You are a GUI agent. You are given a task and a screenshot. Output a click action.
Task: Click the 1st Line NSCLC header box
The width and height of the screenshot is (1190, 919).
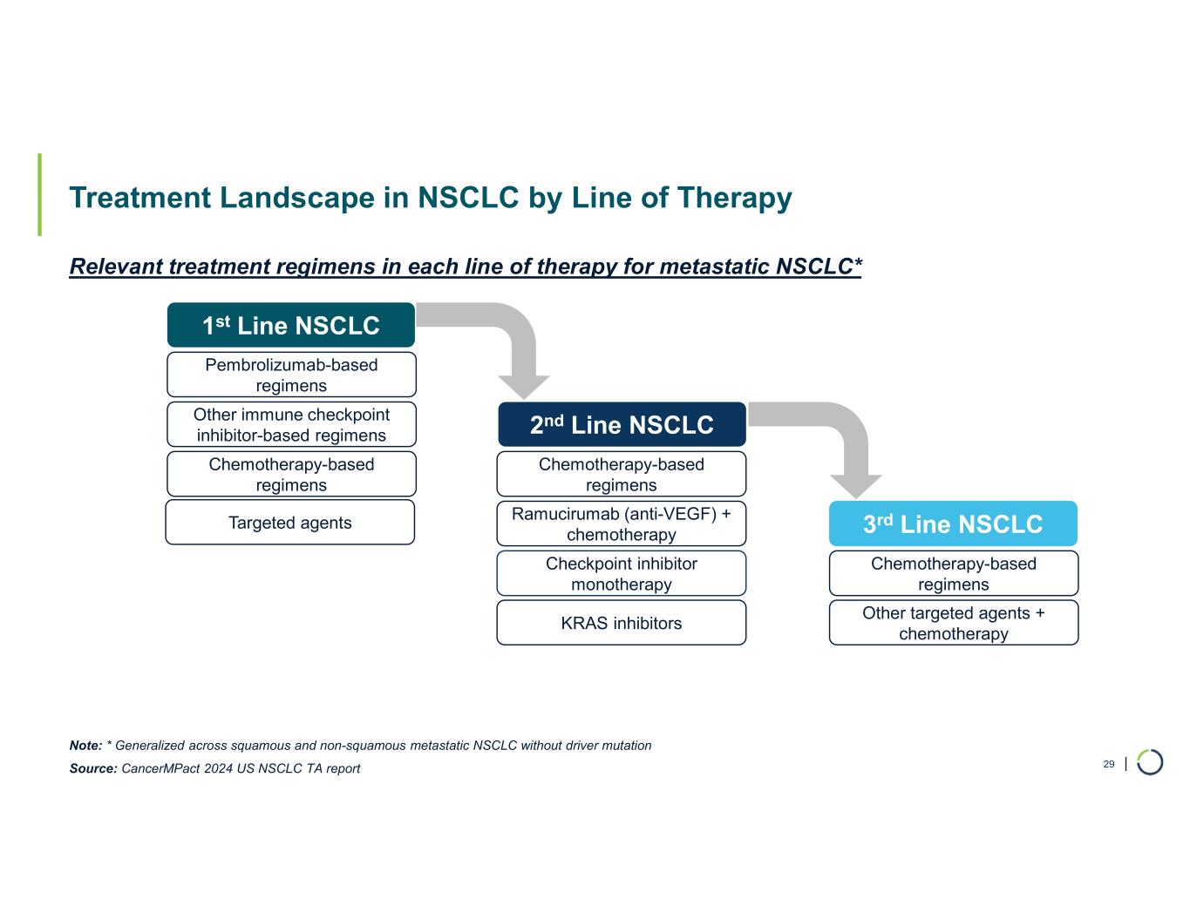(290, 325)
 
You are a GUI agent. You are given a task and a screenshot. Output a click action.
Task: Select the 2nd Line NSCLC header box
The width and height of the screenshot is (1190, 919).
(622, 424)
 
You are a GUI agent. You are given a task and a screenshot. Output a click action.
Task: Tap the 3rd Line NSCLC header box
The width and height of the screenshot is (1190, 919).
(953, 524)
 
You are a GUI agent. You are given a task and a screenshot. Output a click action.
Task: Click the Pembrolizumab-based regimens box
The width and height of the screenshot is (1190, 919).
(291, 375)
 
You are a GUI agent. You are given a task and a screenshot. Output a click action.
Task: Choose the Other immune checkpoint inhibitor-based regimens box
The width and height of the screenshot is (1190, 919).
(291, 424)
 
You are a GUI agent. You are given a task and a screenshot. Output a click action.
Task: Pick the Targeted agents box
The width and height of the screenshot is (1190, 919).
(289, 522)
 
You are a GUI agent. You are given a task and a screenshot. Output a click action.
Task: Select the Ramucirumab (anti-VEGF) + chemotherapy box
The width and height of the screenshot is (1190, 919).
(622, 524)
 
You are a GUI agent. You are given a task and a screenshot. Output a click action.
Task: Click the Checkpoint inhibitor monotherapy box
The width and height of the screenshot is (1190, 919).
(622, 573)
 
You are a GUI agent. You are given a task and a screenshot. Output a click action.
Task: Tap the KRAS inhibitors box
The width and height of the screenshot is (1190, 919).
(622, 623)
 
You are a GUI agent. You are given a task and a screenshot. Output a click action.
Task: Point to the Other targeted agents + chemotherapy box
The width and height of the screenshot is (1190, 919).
(953, 623)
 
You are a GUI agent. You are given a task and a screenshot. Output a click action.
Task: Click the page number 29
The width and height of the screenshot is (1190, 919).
(1109, 764)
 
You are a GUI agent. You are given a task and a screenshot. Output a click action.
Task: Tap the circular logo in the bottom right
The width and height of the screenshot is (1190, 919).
(1150, 761)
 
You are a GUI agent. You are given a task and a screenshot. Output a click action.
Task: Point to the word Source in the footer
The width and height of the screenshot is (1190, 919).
(92, 768)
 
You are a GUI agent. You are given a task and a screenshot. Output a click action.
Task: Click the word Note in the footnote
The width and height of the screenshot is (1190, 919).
(85, 746)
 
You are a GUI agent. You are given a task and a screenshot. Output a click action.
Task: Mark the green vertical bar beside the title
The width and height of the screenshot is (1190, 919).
(39, 194)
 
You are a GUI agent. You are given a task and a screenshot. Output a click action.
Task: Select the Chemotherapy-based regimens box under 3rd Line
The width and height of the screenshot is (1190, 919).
(953, 573)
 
